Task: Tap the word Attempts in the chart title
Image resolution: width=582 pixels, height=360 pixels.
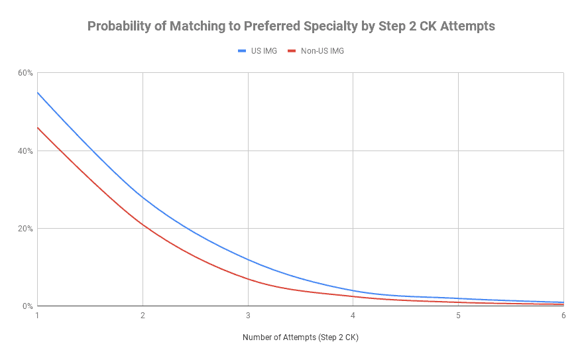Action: click(466, 27)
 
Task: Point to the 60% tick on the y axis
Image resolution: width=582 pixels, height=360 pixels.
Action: click(25, 73)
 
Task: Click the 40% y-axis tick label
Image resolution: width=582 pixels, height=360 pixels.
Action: click(25, 150)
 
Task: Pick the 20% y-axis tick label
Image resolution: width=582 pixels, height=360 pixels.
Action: click(25, 229)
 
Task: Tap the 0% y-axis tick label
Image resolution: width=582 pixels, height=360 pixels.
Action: click(27, 306)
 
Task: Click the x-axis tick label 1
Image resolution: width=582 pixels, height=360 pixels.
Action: click(38, 316)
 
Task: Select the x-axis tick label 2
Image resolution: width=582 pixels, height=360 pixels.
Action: click(143, 316)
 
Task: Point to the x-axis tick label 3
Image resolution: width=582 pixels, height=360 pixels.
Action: click(248, 316)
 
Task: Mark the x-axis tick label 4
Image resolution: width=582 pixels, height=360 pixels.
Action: click(353, 316)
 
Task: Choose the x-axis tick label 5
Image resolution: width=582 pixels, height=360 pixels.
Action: click(458, 316)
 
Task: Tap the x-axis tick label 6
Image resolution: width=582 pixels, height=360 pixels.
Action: click(563, 316)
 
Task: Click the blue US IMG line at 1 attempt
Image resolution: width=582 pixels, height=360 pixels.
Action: click(38, 93)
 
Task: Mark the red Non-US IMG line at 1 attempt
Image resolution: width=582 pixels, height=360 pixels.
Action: click(38, 128)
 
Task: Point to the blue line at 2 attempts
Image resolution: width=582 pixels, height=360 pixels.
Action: click(143, 198)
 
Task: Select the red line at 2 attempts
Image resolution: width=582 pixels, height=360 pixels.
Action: click(143, 225)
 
